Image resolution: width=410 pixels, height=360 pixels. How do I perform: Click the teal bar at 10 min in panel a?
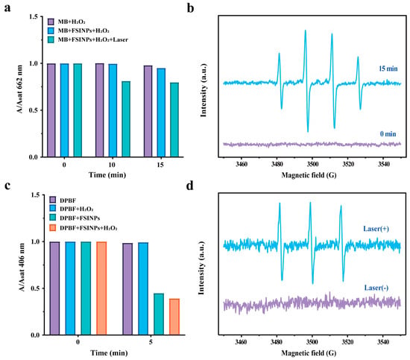[126, 119]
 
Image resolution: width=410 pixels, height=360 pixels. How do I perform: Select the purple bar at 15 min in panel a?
[148, 111]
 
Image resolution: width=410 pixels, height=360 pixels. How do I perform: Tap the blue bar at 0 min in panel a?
[64, 110]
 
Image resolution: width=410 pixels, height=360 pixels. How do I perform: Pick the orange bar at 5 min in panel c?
[174, 317]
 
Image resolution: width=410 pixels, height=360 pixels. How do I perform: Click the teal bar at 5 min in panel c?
[159, 314]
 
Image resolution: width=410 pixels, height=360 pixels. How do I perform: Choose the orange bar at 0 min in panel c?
[101, 288]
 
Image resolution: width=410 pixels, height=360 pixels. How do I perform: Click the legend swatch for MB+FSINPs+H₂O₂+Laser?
[51, 40]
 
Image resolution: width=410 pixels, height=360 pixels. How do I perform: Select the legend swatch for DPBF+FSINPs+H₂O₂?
[53, 228]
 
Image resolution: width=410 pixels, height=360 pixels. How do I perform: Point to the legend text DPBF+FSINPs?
[80, 218]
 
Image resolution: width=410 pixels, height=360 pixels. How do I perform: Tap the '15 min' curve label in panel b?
[388, 69]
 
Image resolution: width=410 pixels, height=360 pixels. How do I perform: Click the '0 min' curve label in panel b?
[388, 134]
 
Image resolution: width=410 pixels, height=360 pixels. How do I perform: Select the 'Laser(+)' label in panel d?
[376, 229]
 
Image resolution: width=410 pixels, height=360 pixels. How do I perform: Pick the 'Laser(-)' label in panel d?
[376, 288]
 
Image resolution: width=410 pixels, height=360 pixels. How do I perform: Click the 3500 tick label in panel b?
[312, 164]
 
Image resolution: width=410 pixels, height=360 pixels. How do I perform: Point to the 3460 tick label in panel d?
[241, 342]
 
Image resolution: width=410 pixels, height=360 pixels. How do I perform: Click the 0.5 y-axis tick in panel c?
[36, 288]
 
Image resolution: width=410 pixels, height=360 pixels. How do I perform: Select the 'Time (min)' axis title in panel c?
[109, 353]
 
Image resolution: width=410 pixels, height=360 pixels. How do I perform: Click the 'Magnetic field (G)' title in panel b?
[309, 175]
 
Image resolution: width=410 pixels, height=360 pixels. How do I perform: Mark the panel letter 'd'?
[190, 186]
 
